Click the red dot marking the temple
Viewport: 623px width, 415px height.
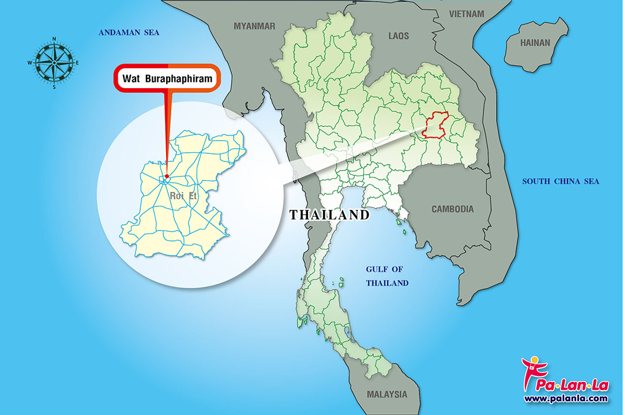[x=166, y=176]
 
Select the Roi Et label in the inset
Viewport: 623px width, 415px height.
[x=183, y=196]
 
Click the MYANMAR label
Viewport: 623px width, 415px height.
[x=254, y=26]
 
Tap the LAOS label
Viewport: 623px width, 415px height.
[x=399, y=36]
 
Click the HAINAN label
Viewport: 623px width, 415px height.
[x=535, y=43]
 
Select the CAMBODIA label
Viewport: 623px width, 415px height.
[x=453, y=209]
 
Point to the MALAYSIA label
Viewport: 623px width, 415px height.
[x=386, y=395]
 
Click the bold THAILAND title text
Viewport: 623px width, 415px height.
[x=329, y=215]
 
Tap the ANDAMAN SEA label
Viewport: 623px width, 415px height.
[x=129, y=33]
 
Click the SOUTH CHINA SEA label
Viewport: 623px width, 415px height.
[x=561, y=182]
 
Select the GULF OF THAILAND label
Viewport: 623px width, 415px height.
[x=387, y=276]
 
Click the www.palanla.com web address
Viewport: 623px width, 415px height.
[x=566, y=398]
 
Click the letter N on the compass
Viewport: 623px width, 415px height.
[x=54, y=39]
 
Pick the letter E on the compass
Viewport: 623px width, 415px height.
[x=77, y=63]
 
